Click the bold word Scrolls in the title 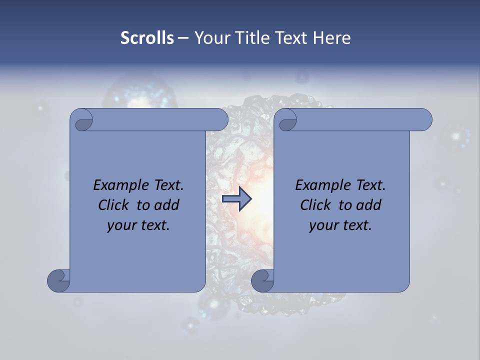click(147, 38)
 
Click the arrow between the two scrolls click(236, 199)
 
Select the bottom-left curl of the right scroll click(263, 280)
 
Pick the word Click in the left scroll click(115, 205)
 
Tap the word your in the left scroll click(121, 225)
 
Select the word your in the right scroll click(323, 225)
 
